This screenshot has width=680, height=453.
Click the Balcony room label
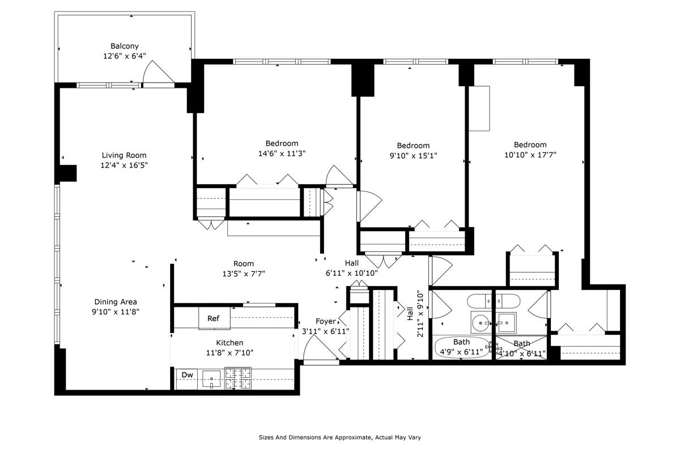124,46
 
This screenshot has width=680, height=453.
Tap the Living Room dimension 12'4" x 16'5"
124,165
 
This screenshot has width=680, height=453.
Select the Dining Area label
116,302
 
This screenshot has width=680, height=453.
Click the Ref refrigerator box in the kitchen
214,319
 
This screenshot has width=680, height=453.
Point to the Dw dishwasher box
186,374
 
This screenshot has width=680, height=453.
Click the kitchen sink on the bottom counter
211,378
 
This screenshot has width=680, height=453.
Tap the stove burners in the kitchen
238,378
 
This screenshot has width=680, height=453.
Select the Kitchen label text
229,343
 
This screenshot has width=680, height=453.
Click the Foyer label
326,322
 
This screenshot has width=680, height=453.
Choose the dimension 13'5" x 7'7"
244,273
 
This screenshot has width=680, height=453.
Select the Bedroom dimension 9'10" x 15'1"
413,155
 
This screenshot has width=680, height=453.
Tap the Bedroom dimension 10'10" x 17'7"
530,155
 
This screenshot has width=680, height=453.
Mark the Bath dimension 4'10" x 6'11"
521,354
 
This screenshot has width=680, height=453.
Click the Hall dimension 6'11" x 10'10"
352,273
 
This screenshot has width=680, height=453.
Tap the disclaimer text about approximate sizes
339,437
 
